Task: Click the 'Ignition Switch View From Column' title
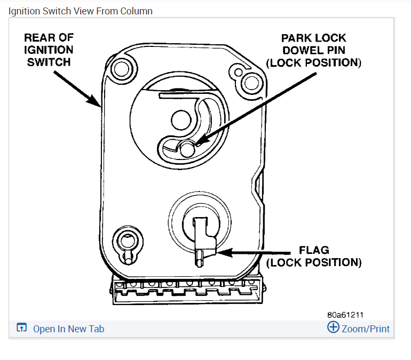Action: coord(80,11)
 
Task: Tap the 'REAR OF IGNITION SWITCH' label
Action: coord(49,50)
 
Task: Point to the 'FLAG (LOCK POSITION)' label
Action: coord(313,256)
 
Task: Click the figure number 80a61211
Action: coord(345,315)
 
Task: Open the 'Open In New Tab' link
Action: coord(68,329)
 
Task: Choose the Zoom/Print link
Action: coord(366,329)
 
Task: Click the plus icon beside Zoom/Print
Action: coord(333,327)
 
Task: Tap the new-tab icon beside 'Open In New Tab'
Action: coord(21,328)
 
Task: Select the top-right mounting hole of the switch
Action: coord(248,82)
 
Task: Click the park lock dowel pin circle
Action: coord(187,150)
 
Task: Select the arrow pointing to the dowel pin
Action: coord(256,107)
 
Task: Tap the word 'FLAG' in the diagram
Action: coord(313,250)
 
